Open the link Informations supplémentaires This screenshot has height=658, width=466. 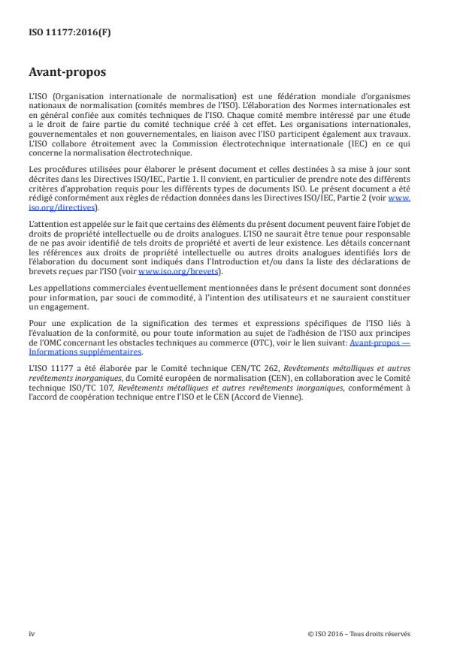point(74,351)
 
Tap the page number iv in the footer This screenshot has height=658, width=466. point(32,633)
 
